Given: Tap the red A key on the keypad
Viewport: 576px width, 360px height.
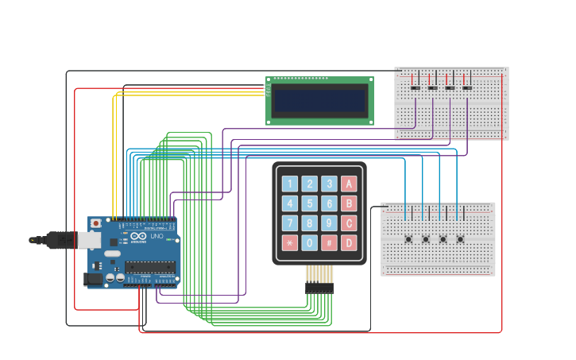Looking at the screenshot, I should tap(349, 184).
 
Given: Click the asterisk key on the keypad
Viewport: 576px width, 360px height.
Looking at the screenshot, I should tap(290, 242).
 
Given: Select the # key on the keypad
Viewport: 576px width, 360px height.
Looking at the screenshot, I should tap(329, 242).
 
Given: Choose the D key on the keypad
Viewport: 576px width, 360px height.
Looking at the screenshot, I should tap(349, 242).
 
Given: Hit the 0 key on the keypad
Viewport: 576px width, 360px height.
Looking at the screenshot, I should tap(310, 242).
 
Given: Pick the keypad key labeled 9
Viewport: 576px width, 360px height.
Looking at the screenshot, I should tap(329, 223).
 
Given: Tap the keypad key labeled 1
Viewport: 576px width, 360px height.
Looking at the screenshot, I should tap(290, 184).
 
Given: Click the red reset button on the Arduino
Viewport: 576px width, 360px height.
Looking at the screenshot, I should tap(96, 223).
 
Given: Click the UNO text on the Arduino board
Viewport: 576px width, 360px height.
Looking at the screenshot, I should tap(157, 236).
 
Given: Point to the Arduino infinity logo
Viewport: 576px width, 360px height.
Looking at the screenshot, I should tap(138, 236).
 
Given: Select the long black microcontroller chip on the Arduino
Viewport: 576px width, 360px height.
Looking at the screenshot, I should tap(149, 266).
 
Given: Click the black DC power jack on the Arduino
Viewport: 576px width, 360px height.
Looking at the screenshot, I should tap(93, 279).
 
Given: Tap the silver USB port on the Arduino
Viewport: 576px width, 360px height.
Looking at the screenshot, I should tap(88, 239).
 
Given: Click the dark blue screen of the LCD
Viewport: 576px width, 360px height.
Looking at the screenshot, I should tap(319, 101).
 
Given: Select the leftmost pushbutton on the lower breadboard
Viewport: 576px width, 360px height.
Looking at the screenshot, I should tap(408, 239).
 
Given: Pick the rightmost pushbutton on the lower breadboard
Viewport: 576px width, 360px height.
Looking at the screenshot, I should tap(460, 239).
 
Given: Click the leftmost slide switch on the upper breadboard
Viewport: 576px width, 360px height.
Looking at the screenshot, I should tap(415, 87).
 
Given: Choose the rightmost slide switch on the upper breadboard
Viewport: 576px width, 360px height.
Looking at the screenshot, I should tap(467, 87).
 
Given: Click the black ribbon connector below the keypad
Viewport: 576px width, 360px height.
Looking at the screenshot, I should tap(319, 288).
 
